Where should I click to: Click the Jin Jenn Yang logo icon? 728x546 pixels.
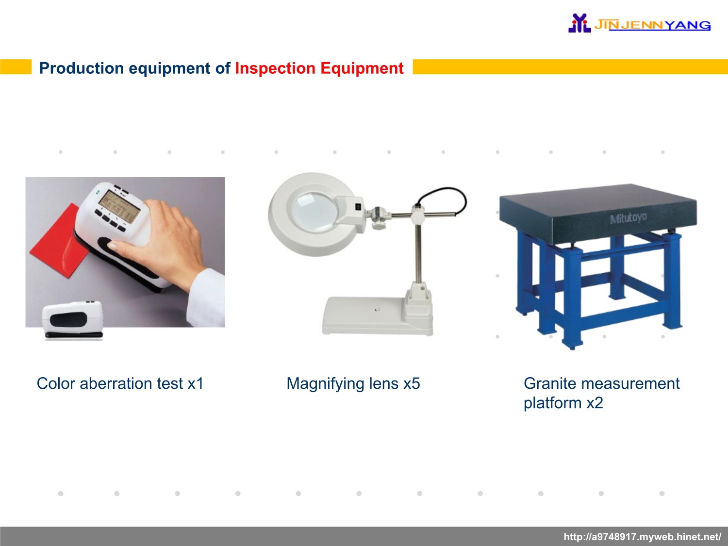[579, 23]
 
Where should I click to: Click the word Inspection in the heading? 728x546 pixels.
[275, 68]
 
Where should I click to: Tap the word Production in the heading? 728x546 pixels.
[82, 68]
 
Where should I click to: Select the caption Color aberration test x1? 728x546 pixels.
[120, 383]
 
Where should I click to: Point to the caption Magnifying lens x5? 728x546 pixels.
[353, 384]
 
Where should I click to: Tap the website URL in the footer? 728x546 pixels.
[643, 536]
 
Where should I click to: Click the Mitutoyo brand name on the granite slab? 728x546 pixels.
[628, 218]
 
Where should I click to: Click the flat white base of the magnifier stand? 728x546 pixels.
[377, 316]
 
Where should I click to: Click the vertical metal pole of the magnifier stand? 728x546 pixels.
[418, 252]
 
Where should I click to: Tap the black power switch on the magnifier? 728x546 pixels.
[358, 207]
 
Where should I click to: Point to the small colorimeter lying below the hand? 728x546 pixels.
[73, 320]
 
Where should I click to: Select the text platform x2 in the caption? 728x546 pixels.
[563, 403]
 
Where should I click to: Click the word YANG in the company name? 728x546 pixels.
[689, 25]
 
